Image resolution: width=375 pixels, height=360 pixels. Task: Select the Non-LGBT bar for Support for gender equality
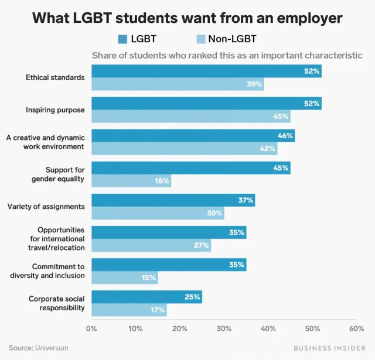(131, 181)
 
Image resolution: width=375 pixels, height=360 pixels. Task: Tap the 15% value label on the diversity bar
(148, 277)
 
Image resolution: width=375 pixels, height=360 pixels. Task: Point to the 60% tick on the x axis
(356, 328)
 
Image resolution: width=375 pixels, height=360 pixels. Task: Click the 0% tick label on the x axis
(91, 328)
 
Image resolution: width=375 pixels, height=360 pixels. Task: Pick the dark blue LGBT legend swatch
(122, 39)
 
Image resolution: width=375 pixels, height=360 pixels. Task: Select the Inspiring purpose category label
(55, 109)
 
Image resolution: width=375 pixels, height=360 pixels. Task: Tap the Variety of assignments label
(46, 206)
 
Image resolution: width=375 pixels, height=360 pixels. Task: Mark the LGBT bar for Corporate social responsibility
(146, 297)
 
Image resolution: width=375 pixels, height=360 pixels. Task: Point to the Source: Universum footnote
(38, 348)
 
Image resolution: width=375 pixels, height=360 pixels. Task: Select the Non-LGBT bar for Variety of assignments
(158, 213)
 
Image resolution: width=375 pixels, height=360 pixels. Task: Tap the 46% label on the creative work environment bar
(285, 136)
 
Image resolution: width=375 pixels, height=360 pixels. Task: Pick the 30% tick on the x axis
(224, 328)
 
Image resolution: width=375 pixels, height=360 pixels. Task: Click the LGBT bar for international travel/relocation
(169, 232)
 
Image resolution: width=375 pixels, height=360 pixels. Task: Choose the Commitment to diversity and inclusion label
(47, 271)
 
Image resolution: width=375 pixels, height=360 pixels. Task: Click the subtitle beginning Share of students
(226, 56)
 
